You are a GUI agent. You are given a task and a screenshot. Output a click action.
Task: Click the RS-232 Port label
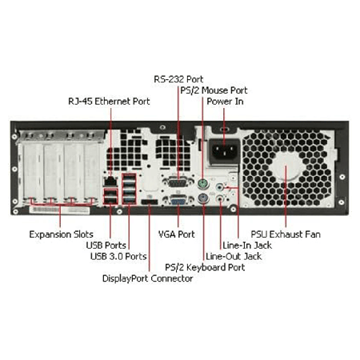pos(178,79)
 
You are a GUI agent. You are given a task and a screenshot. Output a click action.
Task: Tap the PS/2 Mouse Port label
pos(214,90)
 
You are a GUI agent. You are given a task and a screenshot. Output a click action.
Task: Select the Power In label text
pos(225,102)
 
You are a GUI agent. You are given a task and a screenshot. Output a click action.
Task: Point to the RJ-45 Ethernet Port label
pos(109,102)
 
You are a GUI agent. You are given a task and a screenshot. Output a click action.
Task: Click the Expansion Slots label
pos(61,234)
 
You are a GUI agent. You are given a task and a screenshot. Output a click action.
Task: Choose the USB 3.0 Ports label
pos(118,256)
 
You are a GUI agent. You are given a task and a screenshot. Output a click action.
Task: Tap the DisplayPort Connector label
pos(147,278)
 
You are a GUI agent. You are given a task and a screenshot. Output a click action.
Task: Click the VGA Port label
pos(177,234)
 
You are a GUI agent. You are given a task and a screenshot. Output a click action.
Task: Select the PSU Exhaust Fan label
pos(286,234)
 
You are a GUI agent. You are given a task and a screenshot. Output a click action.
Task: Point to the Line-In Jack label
pos(247,246)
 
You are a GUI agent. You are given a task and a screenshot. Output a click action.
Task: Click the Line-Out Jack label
pos(234,256)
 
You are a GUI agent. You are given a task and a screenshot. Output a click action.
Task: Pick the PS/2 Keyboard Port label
pos(205,267)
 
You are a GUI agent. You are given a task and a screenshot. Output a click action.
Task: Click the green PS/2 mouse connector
pos(203,184)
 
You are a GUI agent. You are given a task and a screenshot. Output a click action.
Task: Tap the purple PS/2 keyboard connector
pos(203,198)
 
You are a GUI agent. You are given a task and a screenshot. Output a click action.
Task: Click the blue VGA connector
pos(178,200)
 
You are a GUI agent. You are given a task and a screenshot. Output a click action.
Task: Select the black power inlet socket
pos(224,151)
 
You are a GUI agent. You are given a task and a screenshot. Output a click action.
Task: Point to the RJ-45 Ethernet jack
pos(110,182)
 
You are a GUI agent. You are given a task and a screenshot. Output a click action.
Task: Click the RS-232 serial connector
pos(178,183)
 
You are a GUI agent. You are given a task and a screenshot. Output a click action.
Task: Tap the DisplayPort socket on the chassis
pos(150,202)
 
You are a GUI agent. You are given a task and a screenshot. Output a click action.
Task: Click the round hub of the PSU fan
pos(286,166)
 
